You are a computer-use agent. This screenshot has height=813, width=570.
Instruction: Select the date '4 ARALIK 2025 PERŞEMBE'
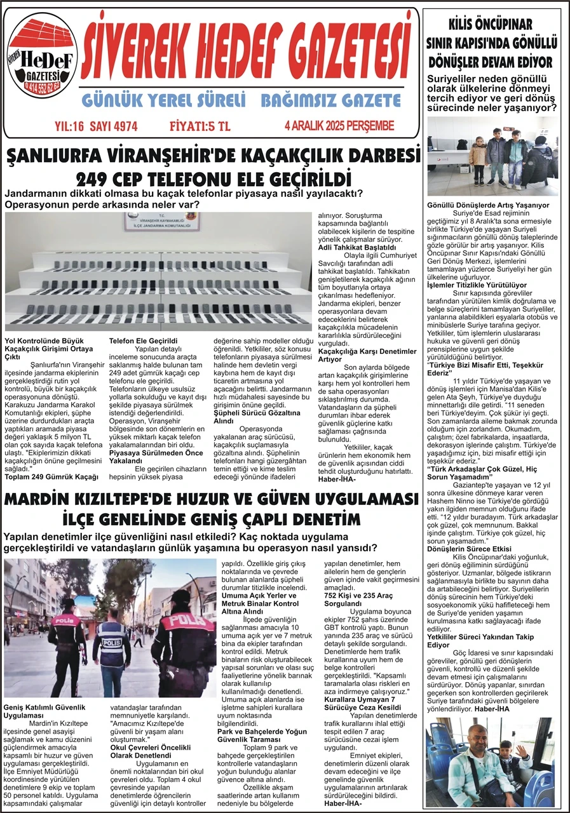click(339, 126)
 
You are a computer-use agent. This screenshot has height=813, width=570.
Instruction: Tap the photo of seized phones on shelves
click(159, 272)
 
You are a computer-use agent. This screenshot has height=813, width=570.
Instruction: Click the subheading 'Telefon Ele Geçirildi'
click(143, 341)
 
